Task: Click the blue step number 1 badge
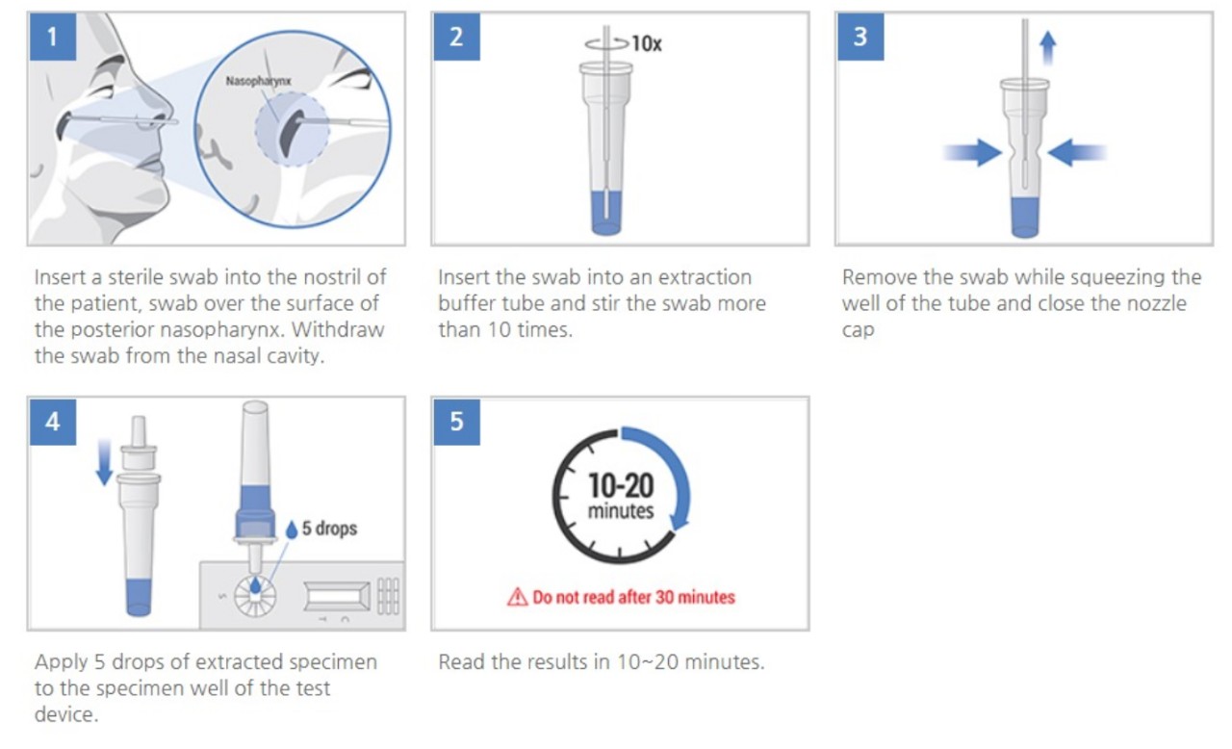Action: [x=53, y=37]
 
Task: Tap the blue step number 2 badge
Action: [x=456, y=37]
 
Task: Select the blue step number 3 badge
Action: [x=860, y=37]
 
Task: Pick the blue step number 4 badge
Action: [x=53, y=422]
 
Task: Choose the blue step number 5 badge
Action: [x=456, y=422]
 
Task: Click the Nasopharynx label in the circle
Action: [x=259, y=82]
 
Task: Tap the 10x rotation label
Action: [x=647, y=43]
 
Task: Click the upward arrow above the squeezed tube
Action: [x=1048, y=48]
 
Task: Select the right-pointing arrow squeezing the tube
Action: [x=972, y=152]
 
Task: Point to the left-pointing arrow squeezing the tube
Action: [x=1077, y=152]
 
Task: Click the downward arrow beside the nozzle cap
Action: [x=104, y=462]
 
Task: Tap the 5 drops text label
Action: [x=329, y=529]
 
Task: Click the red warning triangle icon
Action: [x=517, y=597]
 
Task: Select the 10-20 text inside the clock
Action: [x=621, y=485]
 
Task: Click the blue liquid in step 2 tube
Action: [x=606, y=213]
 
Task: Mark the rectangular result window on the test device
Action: [x=337, y=597]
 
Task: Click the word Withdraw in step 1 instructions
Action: [x=338, y=330]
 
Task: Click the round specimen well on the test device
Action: [x=255, y=596]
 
